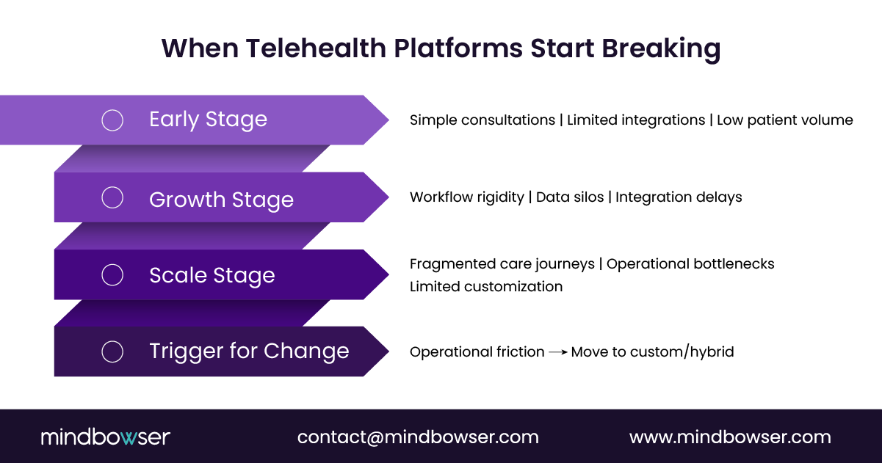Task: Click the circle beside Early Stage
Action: coord(112,120)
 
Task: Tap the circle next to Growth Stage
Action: coord(112,197)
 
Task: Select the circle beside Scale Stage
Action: coord(112,275)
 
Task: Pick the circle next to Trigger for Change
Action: coord(112,351)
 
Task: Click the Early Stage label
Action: coord(208,120)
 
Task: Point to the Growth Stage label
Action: coord(221,200)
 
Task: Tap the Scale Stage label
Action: coord(212,276)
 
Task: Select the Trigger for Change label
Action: coord(249,351)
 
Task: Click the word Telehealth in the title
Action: coord(314,48)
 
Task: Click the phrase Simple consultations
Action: coord(482,120)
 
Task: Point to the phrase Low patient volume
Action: coord(784,120)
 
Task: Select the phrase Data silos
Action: coord(569,197)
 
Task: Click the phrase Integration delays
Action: coord(679,197)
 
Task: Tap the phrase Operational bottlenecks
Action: coord(690,263)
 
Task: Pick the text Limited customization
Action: coord(486,286)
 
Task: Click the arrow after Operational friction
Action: coord(558,352)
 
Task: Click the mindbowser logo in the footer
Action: coord(105,437)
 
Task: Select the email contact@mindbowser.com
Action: coord(418,437)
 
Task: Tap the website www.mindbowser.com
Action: coord(730,437)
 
